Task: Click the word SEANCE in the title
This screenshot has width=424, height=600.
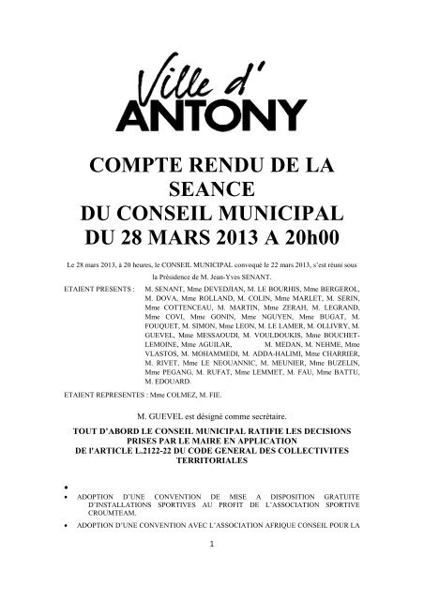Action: (212, 189)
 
